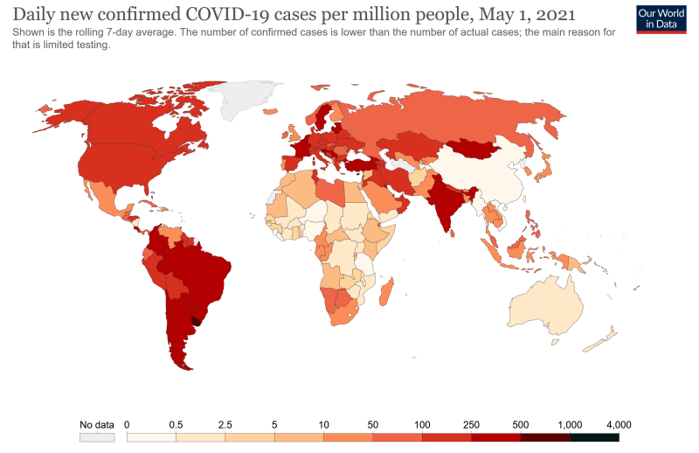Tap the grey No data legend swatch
click(x=97, y=436)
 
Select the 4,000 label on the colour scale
click(x=618, y=425)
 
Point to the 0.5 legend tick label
click(x=176, y=425)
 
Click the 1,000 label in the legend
click(x=570, y=425)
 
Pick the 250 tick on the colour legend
click(x=471, y=425)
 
